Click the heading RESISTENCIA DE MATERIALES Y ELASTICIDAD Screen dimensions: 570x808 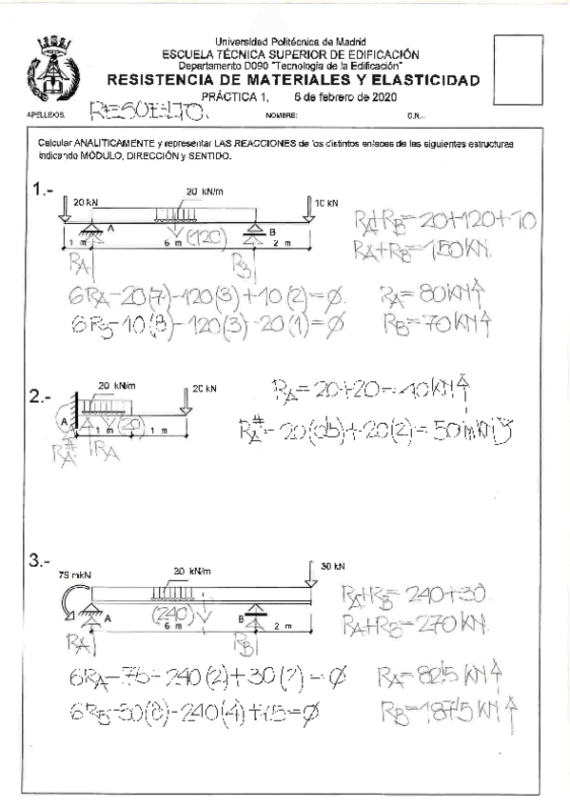point(294,81)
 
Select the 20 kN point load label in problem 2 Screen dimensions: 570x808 point(205,388)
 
